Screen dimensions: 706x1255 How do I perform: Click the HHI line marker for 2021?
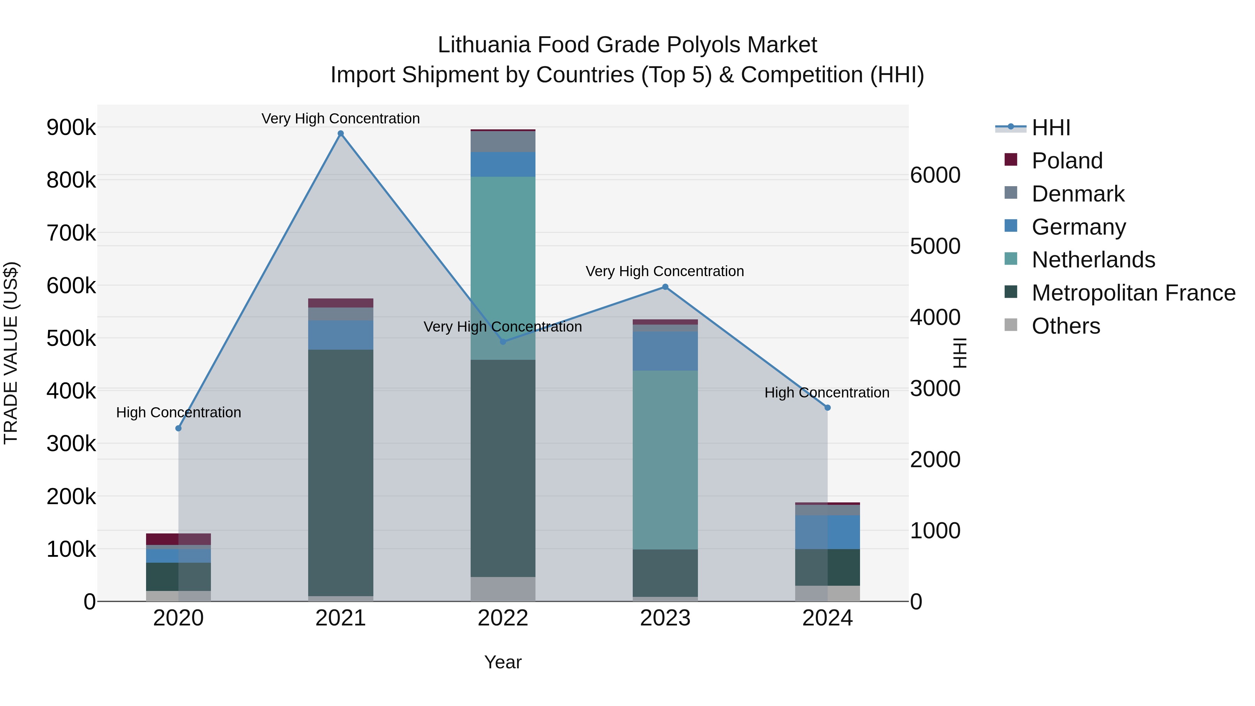[x=341, y=134]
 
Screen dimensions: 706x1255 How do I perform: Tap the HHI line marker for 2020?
[x=178, y=428]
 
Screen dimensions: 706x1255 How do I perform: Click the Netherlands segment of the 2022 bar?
[x=503, y=268]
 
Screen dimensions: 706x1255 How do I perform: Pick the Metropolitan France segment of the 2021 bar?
[x=341, y=473]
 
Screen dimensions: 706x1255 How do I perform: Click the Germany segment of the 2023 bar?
[x=665, y=351]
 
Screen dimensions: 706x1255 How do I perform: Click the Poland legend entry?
[x=1067, y=161]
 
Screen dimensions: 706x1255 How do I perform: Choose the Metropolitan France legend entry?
[x=1133, y=293]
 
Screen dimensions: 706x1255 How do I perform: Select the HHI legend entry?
[x=1051, y=128]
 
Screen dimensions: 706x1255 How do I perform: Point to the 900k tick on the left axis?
[x=71, y=128]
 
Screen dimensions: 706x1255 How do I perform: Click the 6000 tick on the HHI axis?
[x=935, y=175]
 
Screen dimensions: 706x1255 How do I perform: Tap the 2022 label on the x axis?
[x=503, y=618]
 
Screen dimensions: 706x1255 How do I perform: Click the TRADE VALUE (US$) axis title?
[x=11, y=353]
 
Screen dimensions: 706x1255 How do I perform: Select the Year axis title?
[x=503, y=662]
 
